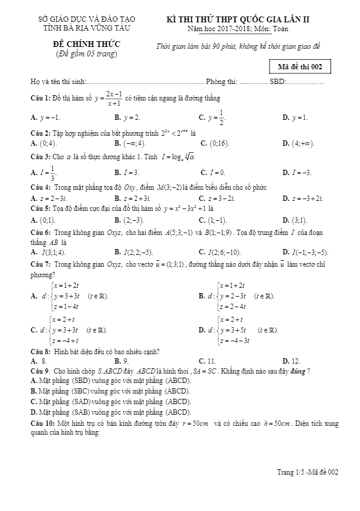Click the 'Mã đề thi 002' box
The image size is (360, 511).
click(x=300, y=66)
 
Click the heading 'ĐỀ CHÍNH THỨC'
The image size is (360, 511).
click(x=83, y=44)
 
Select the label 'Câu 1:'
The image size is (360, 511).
click(x=41, y=98)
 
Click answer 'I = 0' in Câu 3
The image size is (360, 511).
click(x=212, y=173)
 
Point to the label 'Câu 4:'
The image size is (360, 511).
click(x=41, y=187)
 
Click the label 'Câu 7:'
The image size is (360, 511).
click(x=41, y=265)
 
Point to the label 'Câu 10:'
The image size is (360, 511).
click(x=42, y=423)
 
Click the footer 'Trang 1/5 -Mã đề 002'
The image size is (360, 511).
click(x=308, y=472)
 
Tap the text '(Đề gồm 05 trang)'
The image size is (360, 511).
click(x=83, y=54)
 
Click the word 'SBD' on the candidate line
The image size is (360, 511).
click(x=277, y=81)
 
